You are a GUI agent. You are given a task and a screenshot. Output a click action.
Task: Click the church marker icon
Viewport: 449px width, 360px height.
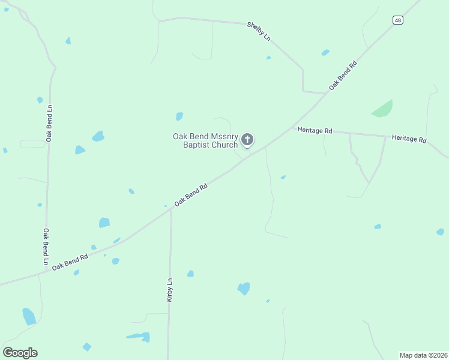(x=247, y=140)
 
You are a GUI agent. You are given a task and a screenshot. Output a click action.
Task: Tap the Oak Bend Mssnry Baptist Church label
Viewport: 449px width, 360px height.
(x=205, y=140)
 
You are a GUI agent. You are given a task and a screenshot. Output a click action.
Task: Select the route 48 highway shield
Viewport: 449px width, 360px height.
(x=398, y=20)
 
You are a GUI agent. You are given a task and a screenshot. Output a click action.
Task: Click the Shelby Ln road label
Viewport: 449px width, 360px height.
(x=259, y=31)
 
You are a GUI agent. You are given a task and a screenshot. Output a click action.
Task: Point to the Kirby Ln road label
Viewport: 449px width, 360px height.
(x=170, y=289)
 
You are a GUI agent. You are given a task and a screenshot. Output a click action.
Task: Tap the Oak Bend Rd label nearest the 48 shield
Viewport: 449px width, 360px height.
(x=343, y=76)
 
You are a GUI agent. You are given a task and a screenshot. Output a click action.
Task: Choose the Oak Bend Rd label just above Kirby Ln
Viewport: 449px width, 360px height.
(x=191, y=195)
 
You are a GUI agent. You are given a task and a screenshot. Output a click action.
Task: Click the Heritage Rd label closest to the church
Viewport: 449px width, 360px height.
(x=315, y=130)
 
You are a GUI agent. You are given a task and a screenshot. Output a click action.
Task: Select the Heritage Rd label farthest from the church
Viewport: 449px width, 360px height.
(x=409, y=139)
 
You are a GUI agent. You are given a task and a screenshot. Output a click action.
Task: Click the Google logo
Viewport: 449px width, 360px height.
(x=20, y=353)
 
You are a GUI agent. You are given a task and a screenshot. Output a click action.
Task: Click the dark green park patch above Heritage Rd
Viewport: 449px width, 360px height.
(x=382, y=109)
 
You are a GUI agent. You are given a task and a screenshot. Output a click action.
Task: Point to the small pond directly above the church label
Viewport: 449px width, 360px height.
(x=179, y=116)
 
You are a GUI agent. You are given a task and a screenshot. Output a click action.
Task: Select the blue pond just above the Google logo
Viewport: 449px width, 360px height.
(x=28, y=316)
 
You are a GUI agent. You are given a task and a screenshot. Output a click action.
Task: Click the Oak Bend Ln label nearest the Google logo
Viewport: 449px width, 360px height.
(x=46, y=247)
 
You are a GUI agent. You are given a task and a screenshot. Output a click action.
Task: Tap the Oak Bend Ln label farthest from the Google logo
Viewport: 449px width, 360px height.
(x=49, y=124)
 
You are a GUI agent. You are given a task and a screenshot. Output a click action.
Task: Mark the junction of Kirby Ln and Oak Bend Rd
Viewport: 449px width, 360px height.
(x=170, y=209)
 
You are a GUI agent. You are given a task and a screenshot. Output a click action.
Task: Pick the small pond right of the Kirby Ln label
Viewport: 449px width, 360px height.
(x=190, y=274)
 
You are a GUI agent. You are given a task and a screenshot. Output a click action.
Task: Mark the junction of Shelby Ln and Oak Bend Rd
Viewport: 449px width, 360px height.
(x=325, y=94)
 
